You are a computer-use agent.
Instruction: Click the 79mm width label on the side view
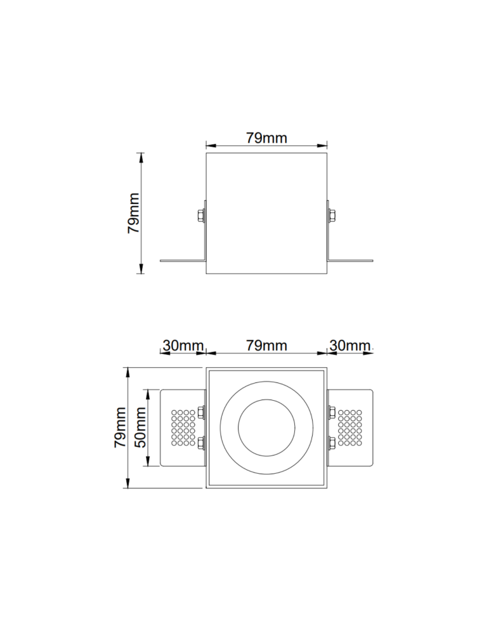click(x=266, y=138)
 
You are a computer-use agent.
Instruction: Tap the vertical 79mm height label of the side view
click(x=134, y=214)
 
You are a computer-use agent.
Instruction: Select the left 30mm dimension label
click(x=182, y=346)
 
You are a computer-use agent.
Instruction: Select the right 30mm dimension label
click(x=350, y=346)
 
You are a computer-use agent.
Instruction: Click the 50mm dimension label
click(x=141, y=428)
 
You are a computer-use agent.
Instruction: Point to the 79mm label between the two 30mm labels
click(x=266, y=346)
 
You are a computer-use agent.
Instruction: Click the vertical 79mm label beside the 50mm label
click(x=121, y=428)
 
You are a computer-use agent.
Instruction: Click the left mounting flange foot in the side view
click(x=181, y=260)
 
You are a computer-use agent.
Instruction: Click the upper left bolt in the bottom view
click(x=202, y=413)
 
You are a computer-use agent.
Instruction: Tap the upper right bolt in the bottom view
click(x=331, y=413)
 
